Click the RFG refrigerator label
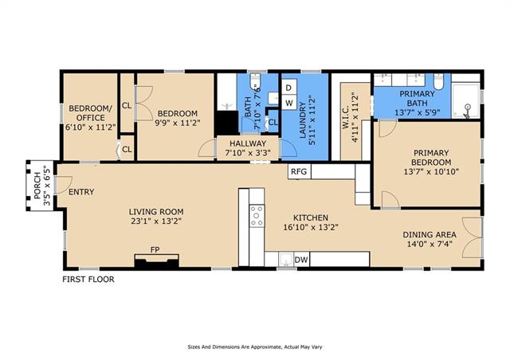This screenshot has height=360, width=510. pos(299,171)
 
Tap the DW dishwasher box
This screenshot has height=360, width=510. pos(301,260)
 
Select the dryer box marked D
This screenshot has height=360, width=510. pos(288,88)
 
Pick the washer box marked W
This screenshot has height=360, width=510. pos(288,104)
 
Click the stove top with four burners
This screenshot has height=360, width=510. pos(257,216)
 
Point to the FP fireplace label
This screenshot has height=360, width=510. pos(155,250)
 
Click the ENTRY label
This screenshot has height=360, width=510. pos(81,192)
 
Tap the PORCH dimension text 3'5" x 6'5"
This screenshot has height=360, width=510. pos(47,186)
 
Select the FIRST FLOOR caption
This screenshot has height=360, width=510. pos(88,280)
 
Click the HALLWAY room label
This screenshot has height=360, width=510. pos(248,143)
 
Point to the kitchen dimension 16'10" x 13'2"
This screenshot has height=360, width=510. pos(311,227)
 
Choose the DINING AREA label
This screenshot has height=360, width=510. pos(430,234)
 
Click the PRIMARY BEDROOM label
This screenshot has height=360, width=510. pos(431,158)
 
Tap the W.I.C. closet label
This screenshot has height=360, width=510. pos(346,117)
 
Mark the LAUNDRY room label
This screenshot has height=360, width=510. pos(303,120)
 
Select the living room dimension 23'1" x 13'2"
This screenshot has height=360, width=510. pos(156,221)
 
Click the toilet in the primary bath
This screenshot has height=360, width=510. pos(438,81)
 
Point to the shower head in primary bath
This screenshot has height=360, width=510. pos(468,106)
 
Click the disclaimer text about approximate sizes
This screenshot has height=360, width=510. pos(255,347)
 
